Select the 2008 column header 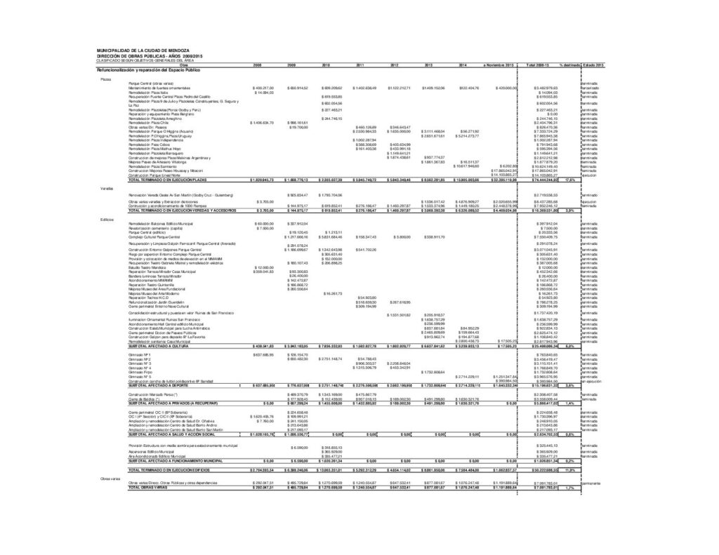(x=257, y=65)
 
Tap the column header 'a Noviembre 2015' (x=495, y=65)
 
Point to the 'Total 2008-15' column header (x=536, y=65)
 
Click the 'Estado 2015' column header (x=593, y=65)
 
